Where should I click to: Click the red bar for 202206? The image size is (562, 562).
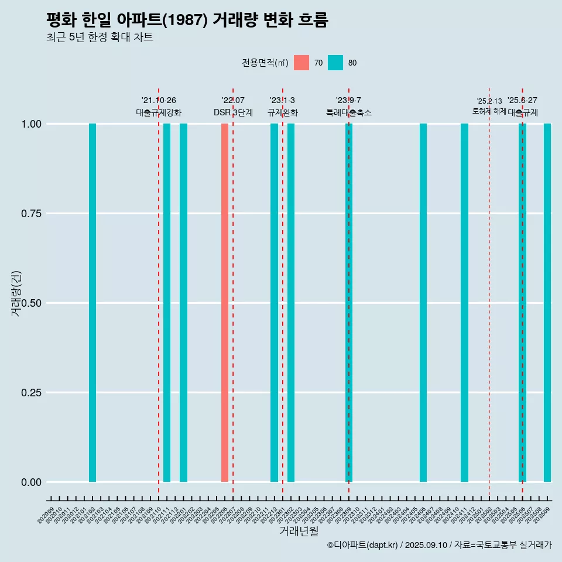click(225, 303)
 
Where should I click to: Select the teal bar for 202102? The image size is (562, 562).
click(92, 303)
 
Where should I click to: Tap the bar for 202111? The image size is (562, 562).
click(167, 303)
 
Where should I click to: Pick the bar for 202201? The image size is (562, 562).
click(183, 303)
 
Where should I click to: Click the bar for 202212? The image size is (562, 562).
click(274, 303)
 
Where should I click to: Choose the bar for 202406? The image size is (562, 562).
click(423, 303)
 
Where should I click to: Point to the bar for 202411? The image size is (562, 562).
click(464, 303)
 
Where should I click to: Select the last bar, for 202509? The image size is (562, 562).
click(547, 303)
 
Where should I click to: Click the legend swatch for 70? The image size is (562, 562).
click(301, 63)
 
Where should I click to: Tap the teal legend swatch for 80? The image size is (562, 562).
click(335, 63)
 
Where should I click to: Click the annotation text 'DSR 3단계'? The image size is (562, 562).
click(233, 112)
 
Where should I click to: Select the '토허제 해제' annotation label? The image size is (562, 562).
click(489, 111)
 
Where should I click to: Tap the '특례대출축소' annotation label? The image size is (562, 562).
click(349, 112)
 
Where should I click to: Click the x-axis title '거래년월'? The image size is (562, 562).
click(299, 531)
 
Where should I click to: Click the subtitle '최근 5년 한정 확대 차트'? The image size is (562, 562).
click(100, 37)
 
